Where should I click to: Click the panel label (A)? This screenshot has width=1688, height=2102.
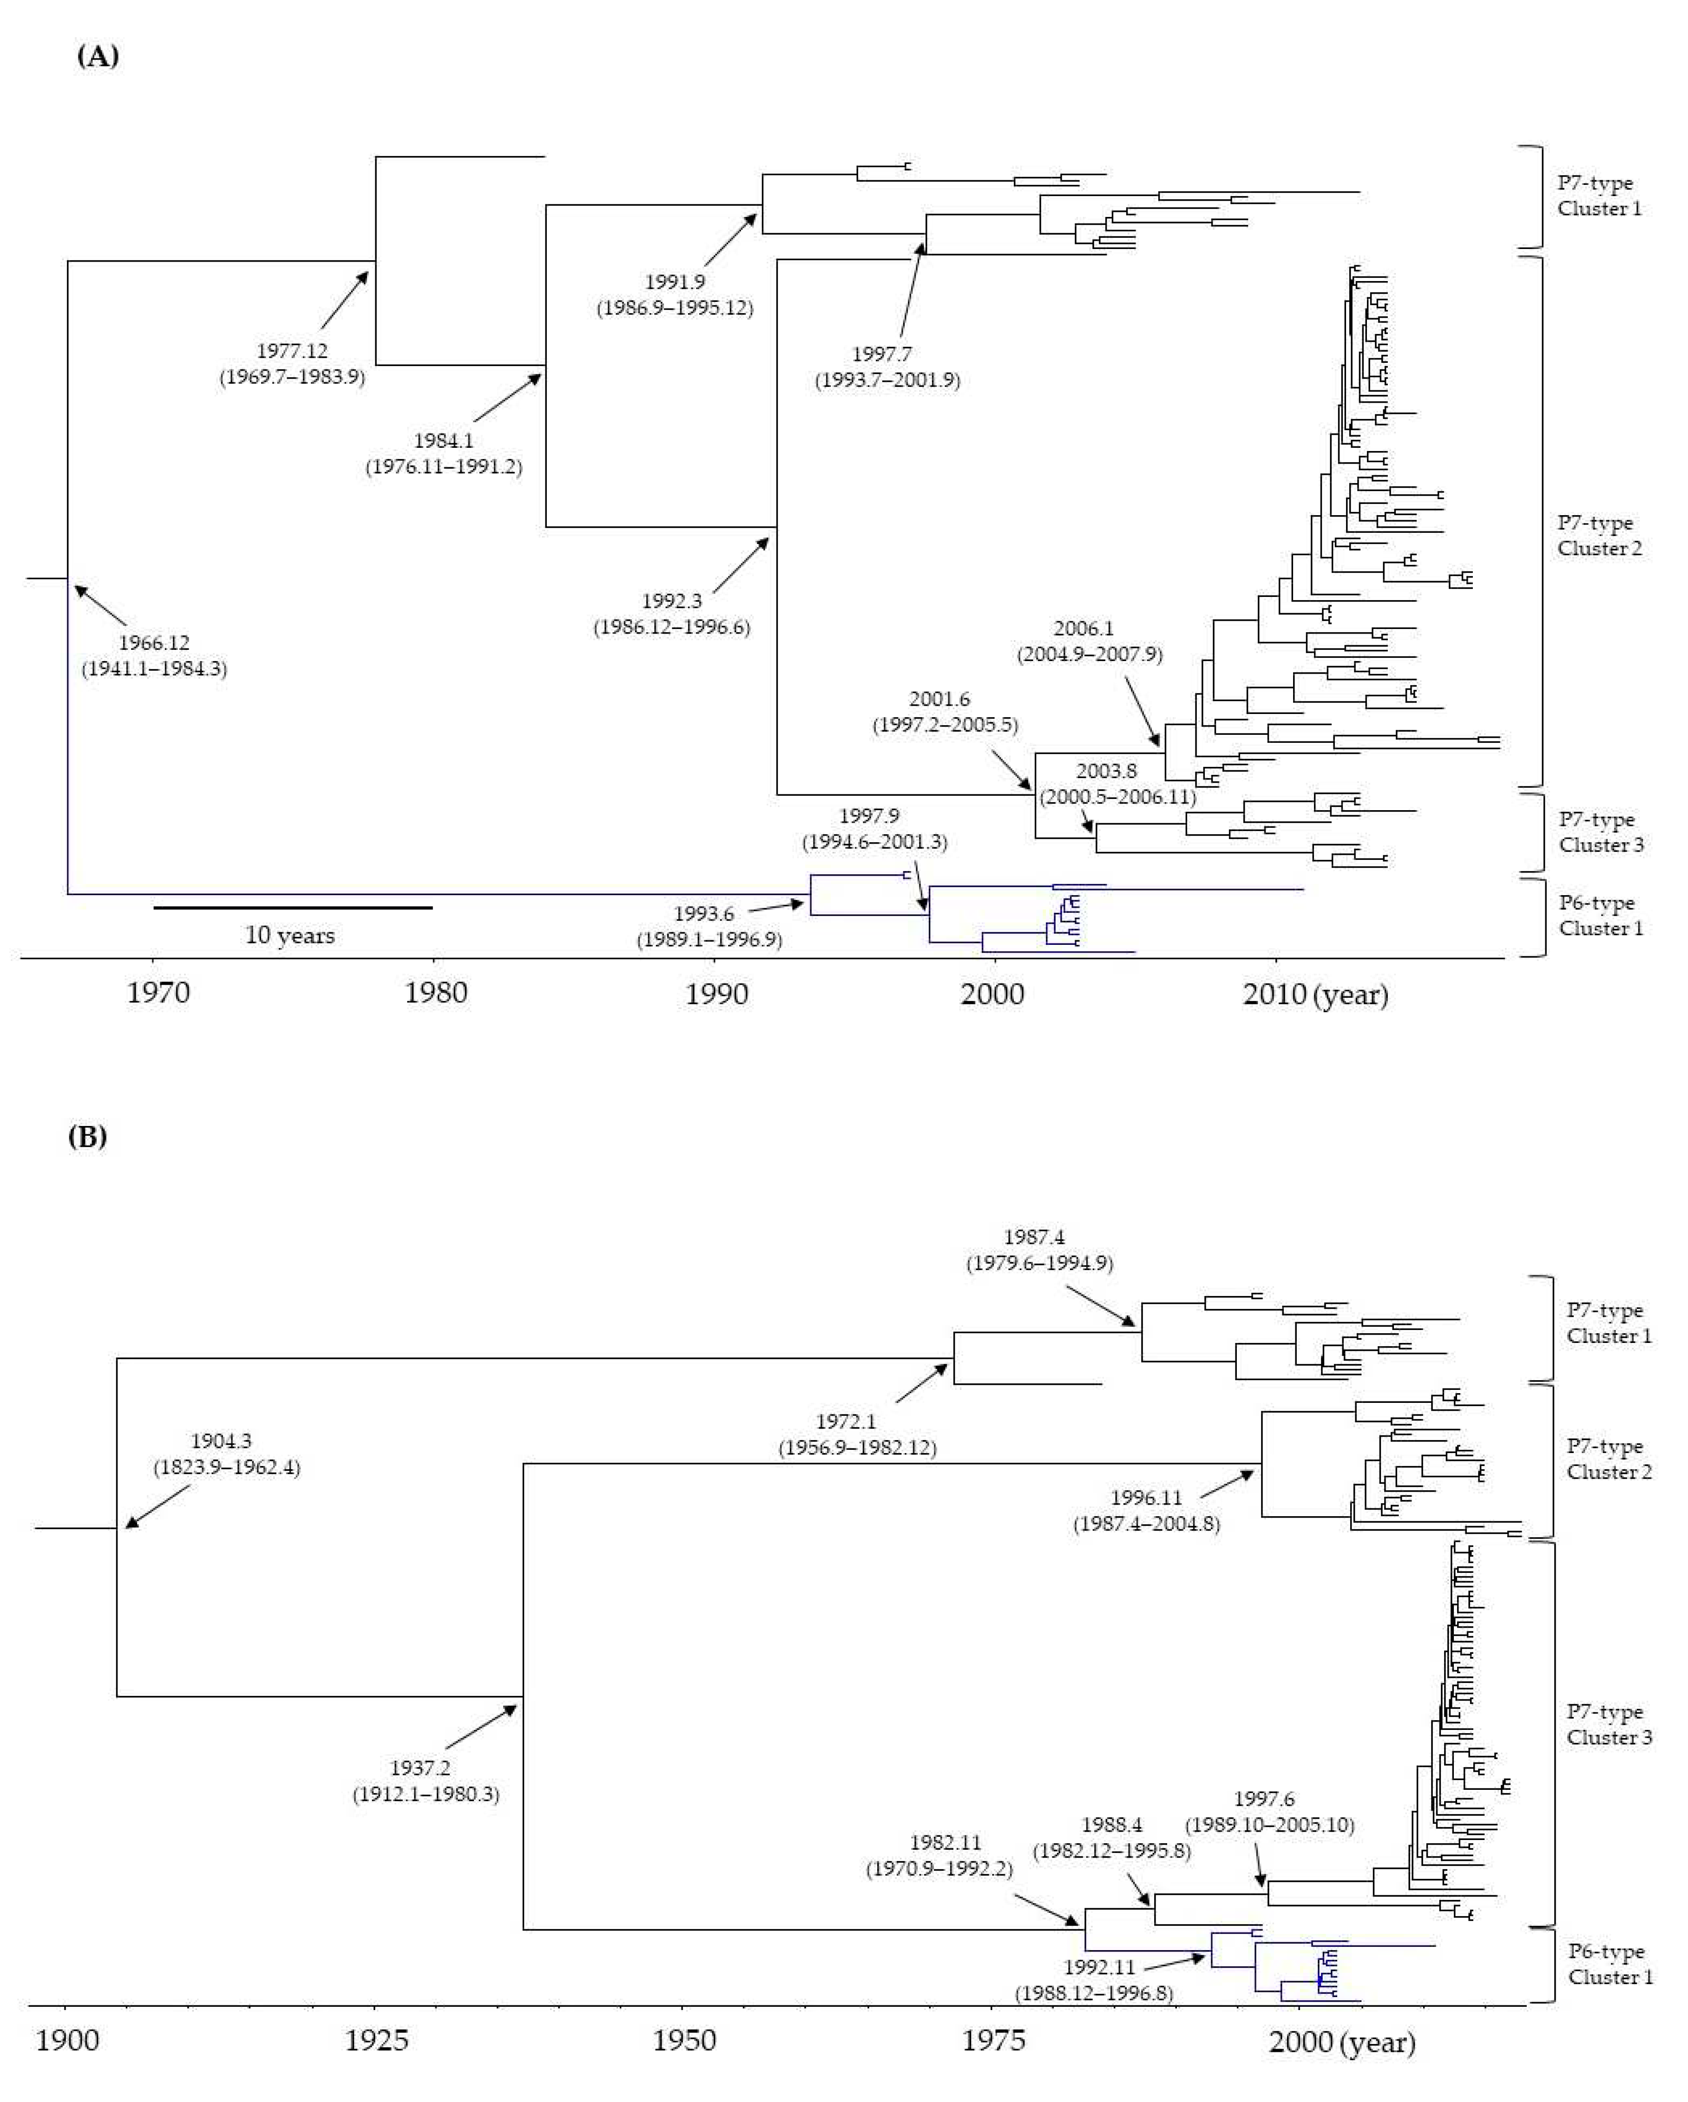point(98,57)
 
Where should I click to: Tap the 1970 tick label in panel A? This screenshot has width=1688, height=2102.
point(158,994)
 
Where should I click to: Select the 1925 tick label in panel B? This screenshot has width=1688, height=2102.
point(376,2041)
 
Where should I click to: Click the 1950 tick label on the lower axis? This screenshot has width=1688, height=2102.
point(684,2041)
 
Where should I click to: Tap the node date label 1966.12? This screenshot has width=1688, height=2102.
point(154,642)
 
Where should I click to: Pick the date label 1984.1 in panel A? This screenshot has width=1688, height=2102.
point(444,441)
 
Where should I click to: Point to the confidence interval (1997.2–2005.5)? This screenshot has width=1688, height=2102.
point(945,726)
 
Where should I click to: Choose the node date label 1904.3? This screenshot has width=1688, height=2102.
point(221,1441)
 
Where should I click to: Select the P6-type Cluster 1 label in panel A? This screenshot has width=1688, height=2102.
point(1600,916)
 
